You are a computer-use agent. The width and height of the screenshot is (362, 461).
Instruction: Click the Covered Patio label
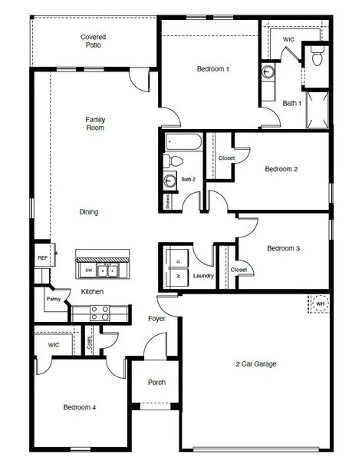(93, 41)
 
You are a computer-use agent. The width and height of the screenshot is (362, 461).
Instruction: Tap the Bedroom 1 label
(212, 69)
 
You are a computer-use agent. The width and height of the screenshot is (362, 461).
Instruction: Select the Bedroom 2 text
(281, 169)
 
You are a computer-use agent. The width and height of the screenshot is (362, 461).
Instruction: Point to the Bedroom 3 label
(283, 248)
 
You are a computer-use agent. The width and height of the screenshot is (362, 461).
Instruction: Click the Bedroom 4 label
(79, 407)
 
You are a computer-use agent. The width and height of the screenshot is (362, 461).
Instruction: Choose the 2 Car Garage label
(255, 363)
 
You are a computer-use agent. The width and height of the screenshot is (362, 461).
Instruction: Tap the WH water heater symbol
(320, 303)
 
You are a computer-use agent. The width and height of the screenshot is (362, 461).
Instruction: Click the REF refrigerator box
(42, 258)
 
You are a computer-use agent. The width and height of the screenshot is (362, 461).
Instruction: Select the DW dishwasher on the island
(89, 270)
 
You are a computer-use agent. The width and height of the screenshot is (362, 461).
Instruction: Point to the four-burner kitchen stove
(100, 313)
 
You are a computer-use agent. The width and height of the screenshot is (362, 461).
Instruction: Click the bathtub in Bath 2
(183, 142)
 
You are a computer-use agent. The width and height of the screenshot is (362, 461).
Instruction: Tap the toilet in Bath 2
(173, 161)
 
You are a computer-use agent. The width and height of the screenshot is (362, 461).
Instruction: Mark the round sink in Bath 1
(268, 74)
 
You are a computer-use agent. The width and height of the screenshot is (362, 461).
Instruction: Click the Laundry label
(203, 275)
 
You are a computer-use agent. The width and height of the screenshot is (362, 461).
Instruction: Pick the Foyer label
(156, 318)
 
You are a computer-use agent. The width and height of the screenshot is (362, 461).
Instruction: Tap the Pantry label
(53, 299)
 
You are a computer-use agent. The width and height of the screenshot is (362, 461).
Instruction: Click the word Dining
(89, 212)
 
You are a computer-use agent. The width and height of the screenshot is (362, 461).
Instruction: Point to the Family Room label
(95, 123)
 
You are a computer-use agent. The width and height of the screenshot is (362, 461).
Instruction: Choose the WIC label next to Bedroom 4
(53, 345)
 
